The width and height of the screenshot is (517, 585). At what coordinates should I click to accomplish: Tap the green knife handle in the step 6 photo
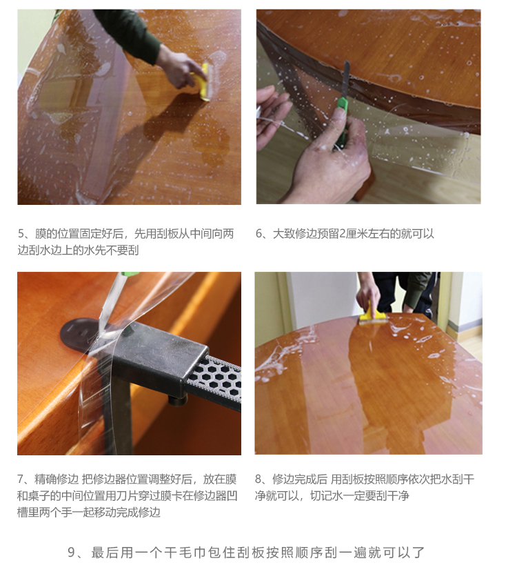pos(341,121)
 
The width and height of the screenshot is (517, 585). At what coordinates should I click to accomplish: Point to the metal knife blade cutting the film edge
pos(346,79)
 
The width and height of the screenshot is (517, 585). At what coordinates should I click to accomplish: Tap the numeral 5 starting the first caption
pos(21,234)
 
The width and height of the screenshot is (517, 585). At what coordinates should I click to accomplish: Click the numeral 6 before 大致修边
pos(259,234)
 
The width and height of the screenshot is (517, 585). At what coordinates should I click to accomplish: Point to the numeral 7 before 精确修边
pos(21,479)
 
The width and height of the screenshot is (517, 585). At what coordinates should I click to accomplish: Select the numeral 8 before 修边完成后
pos(258,479)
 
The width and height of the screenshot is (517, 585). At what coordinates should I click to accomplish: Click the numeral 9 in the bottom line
pos(72,552)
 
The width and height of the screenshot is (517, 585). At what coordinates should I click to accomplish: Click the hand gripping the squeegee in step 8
pos(368,294)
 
